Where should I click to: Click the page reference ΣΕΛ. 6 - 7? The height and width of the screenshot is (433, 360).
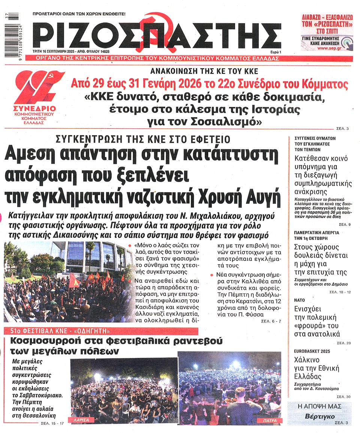[x=271, y=321]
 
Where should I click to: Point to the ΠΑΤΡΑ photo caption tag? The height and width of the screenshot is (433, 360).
[x=268, y=421]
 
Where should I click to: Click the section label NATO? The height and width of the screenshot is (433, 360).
[x=300, y=300]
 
